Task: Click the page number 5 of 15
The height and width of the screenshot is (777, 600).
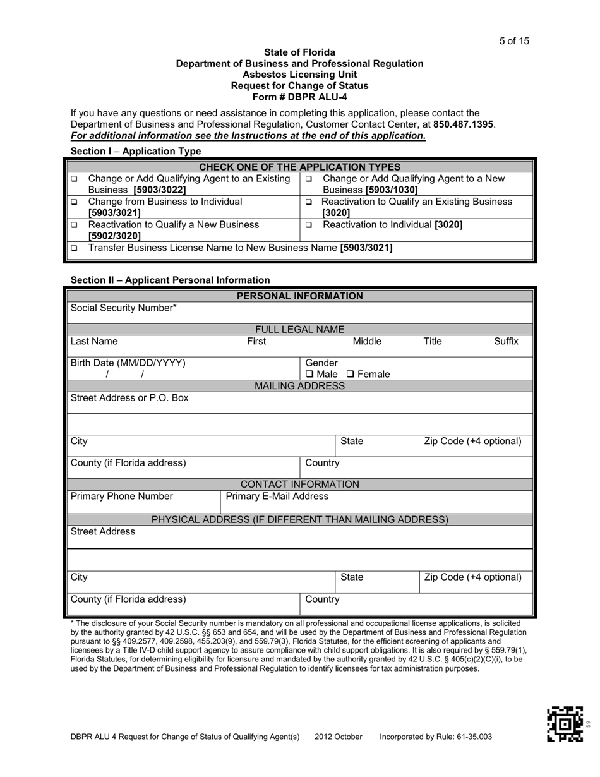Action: coord(514,41)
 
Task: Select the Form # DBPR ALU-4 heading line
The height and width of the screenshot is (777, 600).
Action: coord(299,97)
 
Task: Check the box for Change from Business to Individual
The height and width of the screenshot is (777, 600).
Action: coord(74,202)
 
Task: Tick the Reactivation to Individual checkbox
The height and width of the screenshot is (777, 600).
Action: coord(309,225)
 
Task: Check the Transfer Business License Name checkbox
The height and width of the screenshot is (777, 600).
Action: coord(74,248)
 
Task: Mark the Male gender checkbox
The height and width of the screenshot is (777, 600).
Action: coord(309,375)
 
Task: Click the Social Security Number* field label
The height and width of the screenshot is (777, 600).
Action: coord(124,308)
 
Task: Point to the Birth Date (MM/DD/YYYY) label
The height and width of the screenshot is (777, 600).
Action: coord(128,363)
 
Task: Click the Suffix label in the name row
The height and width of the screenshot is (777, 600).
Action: coord(506,342)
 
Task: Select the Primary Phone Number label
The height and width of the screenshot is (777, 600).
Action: coord(122,497)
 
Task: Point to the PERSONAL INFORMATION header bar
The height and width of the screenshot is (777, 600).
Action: coord(299,296)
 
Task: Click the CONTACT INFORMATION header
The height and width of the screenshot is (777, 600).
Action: coord(299,485)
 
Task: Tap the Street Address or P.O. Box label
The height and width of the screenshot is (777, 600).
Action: coord(129,399)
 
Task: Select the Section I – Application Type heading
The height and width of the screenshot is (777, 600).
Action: coord(136,151)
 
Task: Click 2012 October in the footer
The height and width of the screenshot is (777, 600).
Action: coord(339,737)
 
